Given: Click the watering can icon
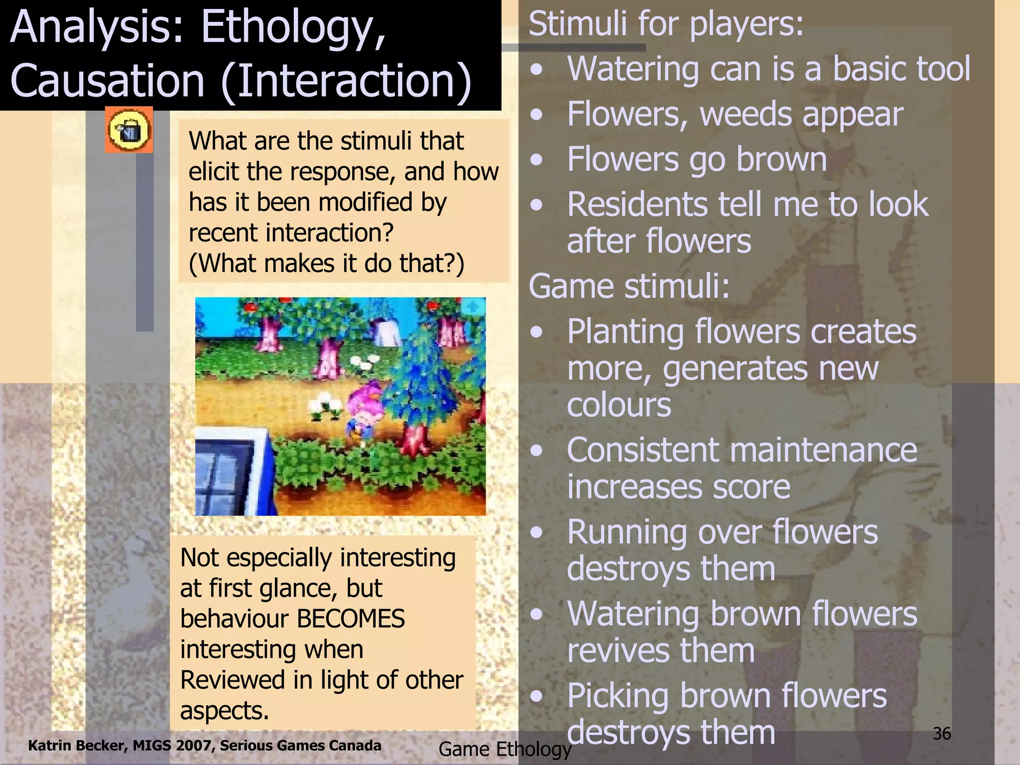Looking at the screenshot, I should pos(129,130).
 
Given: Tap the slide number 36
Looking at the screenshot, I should pos(942,734).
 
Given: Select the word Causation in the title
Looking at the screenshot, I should pos(107,81).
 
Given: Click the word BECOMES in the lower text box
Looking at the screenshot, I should pos(351,619).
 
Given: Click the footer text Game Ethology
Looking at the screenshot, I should pos(505,749).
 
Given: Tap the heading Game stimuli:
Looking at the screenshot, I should pos(629,286).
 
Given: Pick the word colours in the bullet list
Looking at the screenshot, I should pos(619,405).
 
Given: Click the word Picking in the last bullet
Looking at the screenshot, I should pos(618,696).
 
